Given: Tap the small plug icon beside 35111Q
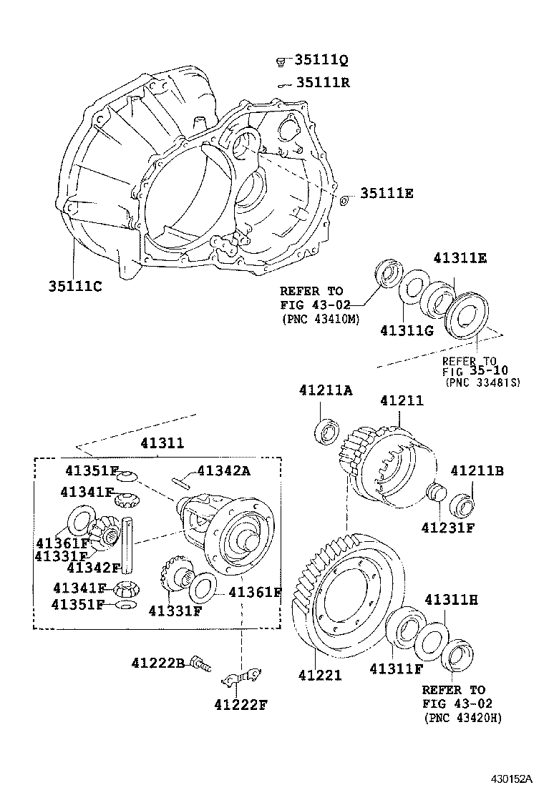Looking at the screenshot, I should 281,61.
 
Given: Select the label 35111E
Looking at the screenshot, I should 387,194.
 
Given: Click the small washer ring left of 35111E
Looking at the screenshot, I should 344,199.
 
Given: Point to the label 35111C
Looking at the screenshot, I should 75,287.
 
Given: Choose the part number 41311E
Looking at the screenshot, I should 459,258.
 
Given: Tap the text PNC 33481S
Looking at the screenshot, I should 482,383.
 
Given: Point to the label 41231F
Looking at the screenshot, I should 447,528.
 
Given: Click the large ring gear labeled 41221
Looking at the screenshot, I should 344,601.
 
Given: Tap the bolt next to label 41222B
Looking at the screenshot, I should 200,665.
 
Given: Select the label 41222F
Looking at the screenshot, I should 240,705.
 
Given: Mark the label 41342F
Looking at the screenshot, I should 93,568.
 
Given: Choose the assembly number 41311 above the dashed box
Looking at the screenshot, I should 162,443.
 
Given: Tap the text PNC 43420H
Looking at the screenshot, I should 462,718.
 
